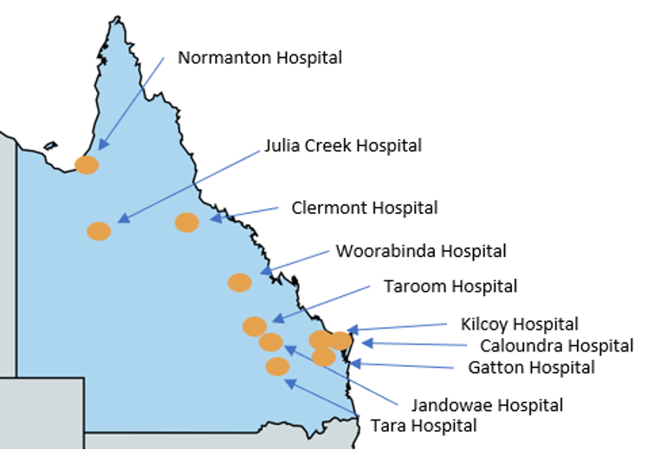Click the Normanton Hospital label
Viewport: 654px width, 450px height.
coord(259,58)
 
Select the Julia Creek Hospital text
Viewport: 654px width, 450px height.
coord(343,145)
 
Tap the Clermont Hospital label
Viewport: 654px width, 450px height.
coord(364,208)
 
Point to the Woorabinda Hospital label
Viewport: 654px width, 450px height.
coord(421,251)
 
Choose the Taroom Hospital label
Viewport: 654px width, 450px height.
coord(450,286)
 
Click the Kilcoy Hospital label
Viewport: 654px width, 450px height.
coord(519,325)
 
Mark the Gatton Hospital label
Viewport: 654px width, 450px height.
coord(531,368)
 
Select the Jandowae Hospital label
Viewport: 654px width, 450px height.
coord(487,405)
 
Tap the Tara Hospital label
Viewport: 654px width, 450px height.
coord(423,426)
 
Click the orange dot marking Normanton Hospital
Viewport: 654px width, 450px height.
coord(87,164)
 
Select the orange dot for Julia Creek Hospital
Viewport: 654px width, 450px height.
coord(99,231)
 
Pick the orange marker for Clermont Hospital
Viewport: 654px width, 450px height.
coord(187,222)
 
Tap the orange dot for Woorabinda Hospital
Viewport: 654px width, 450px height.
coord(239,282)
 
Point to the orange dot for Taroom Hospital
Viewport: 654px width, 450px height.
coord(254,326)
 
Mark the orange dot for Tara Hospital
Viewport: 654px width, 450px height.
coord(277,366)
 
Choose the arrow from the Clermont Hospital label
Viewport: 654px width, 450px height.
coord(244,213)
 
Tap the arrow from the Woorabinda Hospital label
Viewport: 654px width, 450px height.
coord(295,260)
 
